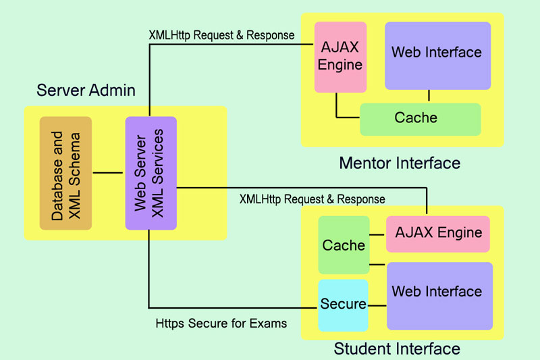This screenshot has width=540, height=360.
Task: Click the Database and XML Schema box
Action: pyautogui.click(x=65, y=173)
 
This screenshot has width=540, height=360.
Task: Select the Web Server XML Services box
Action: pyautogui.click(x=151, y=173)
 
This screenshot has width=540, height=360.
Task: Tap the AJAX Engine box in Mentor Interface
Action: pyautogui.click(x=340, y=57)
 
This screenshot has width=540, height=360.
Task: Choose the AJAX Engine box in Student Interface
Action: pyautogui.click(x=437, y=234)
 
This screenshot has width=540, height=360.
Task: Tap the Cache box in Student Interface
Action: pyautogui.click(x=344, y=245)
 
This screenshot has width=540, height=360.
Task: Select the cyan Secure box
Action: pyautogui.click(x=344, y=305)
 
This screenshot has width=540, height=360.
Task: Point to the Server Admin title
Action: pyautogui.click(x=86, y=91)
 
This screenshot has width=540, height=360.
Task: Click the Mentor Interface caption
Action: pyautogui.click(x=400, y=163)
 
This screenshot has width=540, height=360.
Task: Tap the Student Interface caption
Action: pyautogui.click(x=397, y=349)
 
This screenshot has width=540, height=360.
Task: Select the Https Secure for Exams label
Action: pyautogui.click(x=221, y=324)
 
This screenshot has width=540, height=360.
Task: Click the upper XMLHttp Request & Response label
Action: pyautogui.click(x=221, y=34)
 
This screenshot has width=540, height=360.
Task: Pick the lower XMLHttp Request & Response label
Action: pyautogui.click(x=312, y=199)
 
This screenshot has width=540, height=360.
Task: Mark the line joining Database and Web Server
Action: pyautogui.click(x=108, y=174)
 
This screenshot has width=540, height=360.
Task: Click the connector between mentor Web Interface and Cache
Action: pyautogui.click(x=428, y=97)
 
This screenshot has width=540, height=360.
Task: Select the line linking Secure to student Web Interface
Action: pyautogui.click(x=377, y=305)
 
